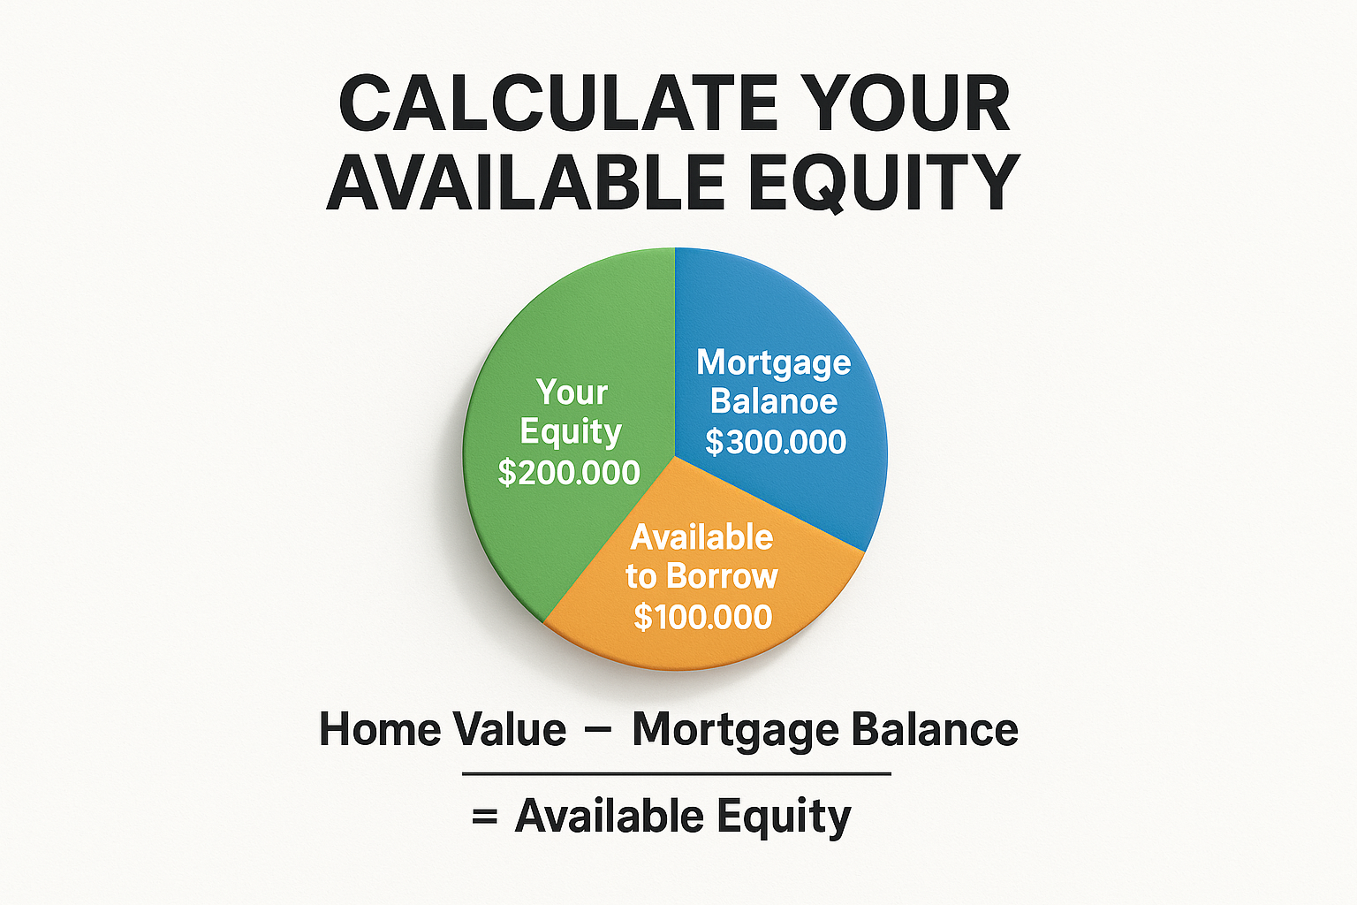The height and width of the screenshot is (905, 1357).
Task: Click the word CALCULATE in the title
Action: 557,104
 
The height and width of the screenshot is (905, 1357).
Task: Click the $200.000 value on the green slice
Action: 569,473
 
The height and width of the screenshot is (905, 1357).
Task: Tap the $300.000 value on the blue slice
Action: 776,442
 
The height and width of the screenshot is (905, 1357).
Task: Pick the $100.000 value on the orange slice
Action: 702,617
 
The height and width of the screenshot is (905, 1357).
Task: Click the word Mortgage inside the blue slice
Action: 773,362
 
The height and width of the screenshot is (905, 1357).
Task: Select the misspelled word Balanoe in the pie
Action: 774,402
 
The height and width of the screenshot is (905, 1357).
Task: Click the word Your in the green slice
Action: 572,392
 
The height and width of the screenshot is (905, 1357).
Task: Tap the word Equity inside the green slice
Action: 571,433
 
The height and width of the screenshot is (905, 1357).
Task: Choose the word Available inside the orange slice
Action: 701,537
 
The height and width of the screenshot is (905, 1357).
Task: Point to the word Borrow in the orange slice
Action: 722,577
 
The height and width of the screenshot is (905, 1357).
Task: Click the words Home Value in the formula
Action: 443,730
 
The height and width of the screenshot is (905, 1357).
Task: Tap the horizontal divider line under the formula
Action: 677,774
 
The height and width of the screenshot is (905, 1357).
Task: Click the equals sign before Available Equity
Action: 484,817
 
